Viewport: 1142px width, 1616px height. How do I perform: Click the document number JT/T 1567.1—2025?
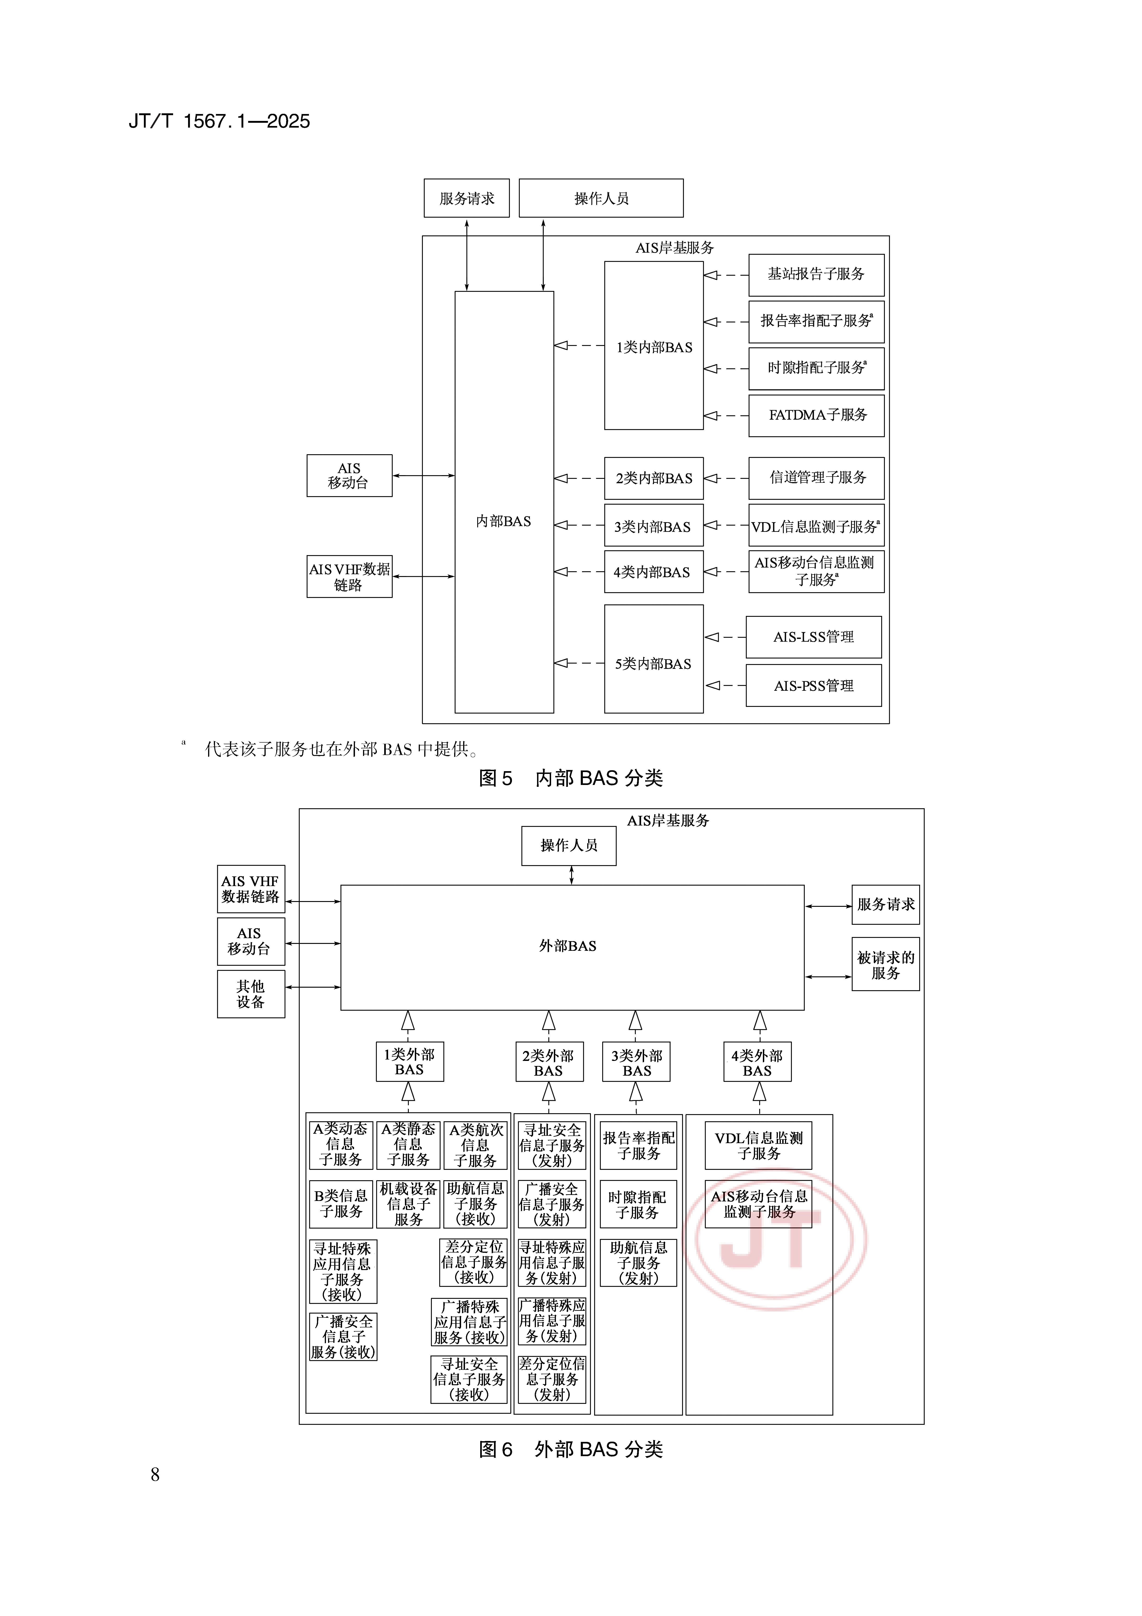click(x=219, y=121)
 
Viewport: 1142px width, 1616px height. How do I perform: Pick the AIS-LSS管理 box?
click(x=814, y=637)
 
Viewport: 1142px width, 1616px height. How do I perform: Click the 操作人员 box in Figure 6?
click(x=569, y=845)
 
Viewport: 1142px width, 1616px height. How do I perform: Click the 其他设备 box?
click(x=250, y=994)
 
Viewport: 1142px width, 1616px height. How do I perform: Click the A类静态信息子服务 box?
click(x=408, y=1145)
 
